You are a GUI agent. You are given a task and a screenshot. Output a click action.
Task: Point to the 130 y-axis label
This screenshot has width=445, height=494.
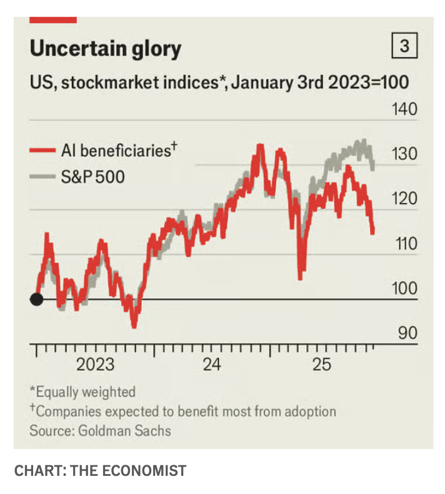[404, 154]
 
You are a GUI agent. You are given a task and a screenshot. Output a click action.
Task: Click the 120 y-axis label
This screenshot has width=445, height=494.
[404, 199]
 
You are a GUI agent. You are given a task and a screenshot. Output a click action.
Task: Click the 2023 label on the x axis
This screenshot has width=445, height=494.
[95, 364]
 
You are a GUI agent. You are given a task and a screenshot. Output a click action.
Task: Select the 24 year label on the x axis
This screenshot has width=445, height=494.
[212, 364]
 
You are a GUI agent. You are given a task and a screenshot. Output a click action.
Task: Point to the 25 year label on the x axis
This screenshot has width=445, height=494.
[321, 364]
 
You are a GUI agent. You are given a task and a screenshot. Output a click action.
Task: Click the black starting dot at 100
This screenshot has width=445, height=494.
[37, 300]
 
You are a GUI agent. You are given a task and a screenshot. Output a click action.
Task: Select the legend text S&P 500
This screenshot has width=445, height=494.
[92, 177]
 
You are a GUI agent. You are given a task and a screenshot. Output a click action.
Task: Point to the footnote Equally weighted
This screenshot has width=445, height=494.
[85, 392]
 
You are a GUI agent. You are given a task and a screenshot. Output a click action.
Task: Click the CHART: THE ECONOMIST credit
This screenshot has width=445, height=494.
[100, 470]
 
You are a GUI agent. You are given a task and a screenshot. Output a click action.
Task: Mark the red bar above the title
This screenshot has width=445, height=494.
[53, 20]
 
